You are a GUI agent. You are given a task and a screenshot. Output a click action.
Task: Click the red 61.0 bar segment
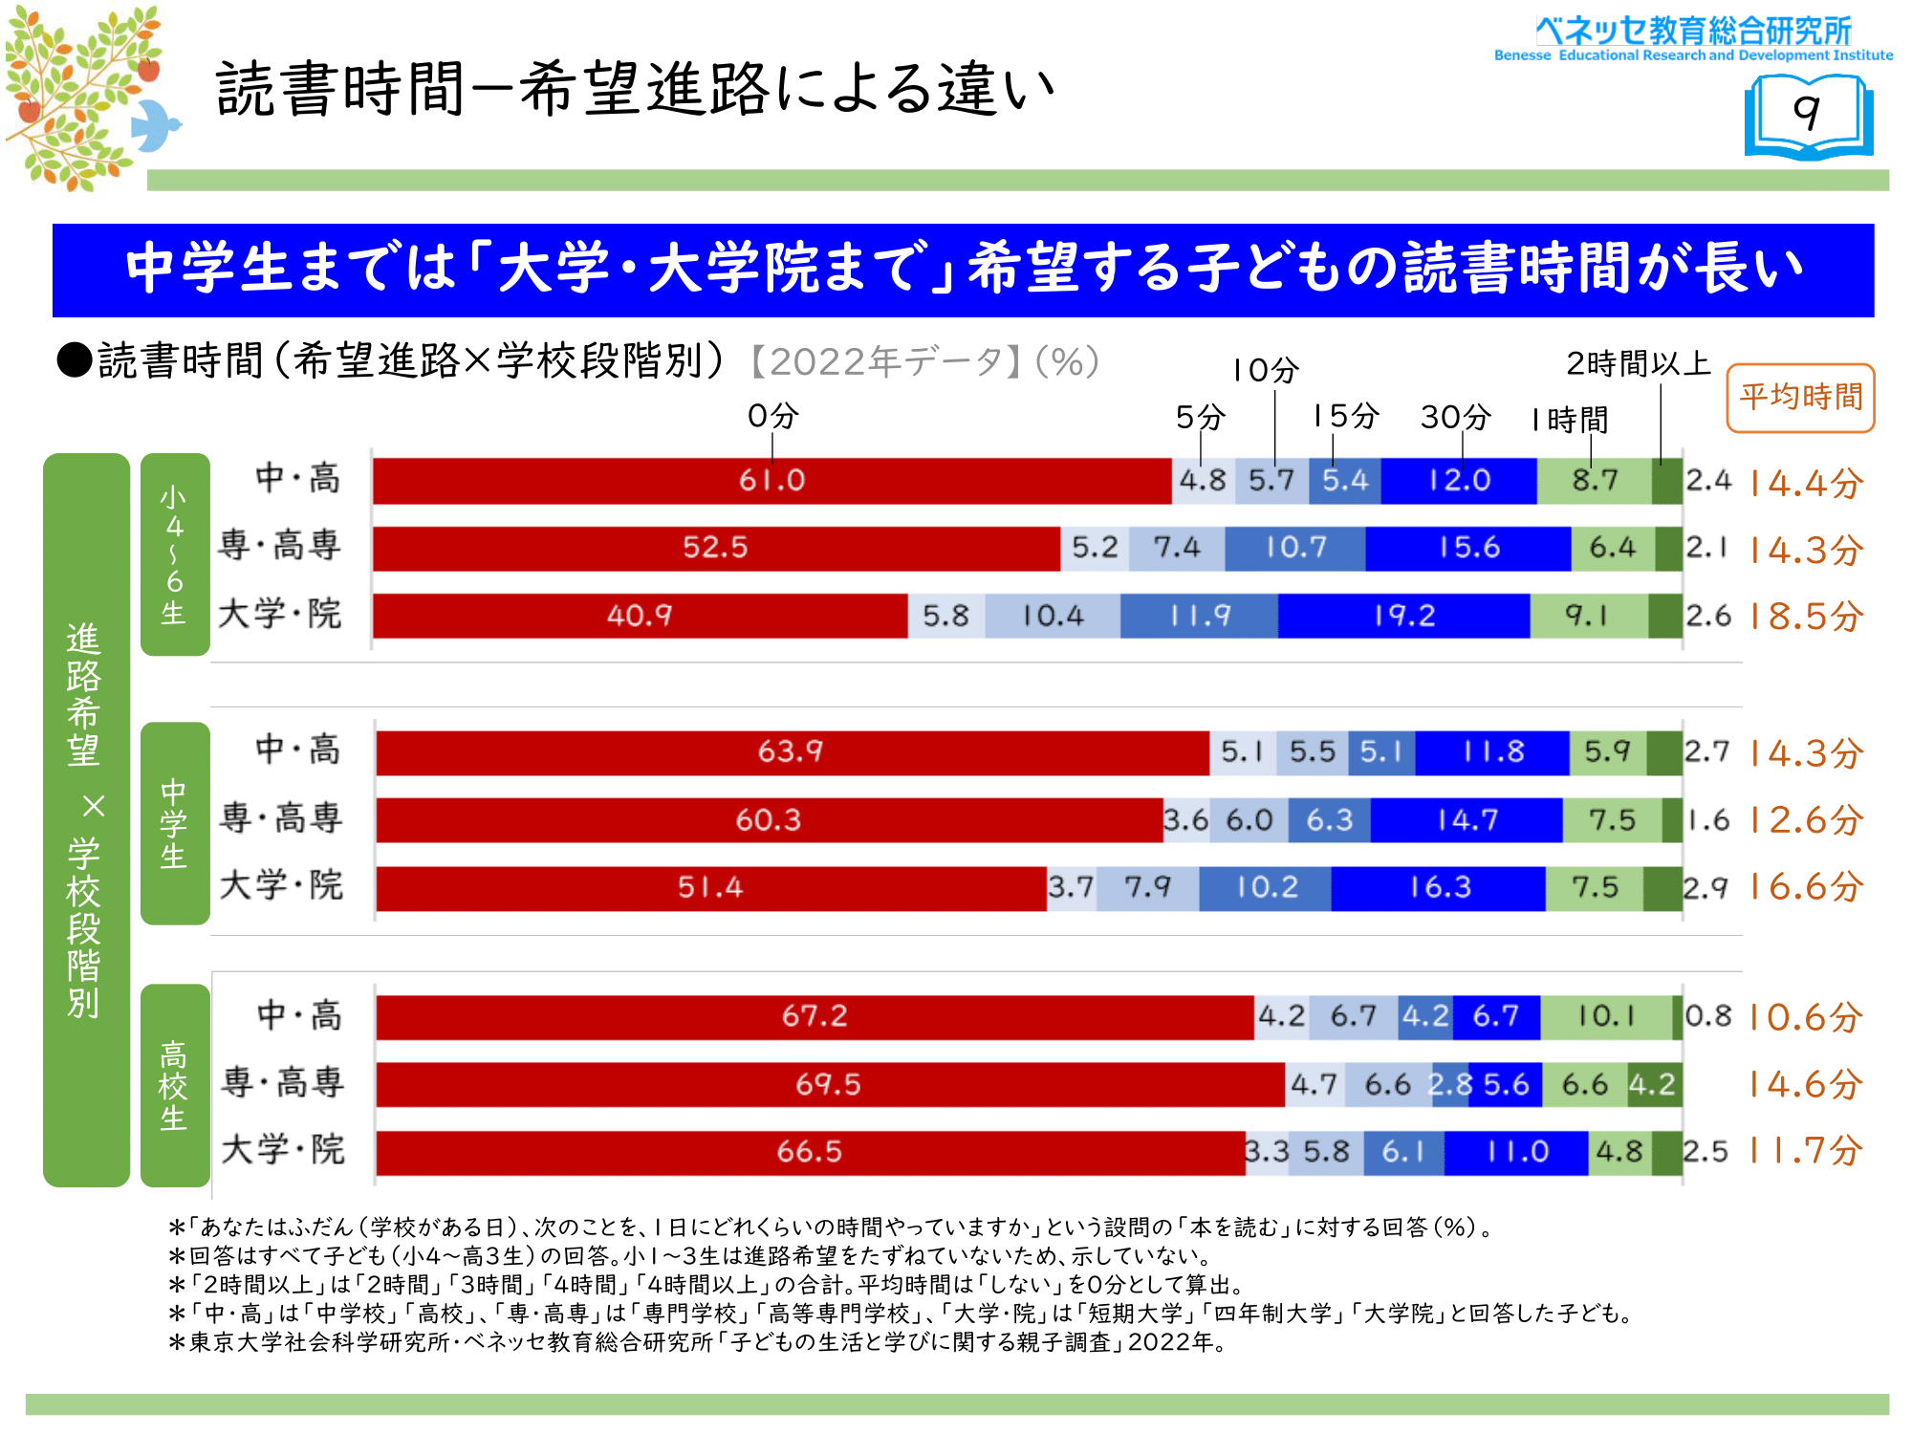[x=771, y=480]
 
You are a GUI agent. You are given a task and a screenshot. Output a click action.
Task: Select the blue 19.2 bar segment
[x=1403, y=616]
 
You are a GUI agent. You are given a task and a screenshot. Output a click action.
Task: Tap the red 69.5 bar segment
[x=829, y=1084]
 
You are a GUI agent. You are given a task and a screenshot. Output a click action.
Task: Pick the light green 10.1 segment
[x=1606, y=1016]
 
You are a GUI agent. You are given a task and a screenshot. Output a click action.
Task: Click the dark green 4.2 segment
[x=1653, y=1084]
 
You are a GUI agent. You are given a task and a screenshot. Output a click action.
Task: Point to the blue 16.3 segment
[x=1439, y=887]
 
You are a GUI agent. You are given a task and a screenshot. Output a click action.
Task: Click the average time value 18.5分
[x=1806, y=617]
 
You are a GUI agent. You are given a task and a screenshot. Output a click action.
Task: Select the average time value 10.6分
[x=1806, y=1017]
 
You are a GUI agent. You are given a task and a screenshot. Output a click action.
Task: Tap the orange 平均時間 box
[x=1800, y=398]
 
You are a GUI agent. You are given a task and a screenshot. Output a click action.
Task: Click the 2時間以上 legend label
[x=1638, y=364]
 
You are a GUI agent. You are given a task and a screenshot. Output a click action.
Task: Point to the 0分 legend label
[x=772, y=416]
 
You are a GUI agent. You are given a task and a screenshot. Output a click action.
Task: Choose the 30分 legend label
[x=1455, y=417]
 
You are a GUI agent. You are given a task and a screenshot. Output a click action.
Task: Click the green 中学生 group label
[x=174, y=823]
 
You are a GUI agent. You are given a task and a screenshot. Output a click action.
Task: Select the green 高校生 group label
[x=174, y=1085]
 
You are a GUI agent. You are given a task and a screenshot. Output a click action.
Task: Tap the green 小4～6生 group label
[x=174, y=554]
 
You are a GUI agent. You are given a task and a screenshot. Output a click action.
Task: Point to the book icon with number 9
[x=1808, y=116]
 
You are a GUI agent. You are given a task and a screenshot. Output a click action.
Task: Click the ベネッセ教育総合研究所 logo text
[x=1693, y=32]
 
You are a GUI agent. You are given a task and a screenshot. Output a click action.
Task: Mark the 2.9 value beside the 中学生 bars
[x=1706, y=888]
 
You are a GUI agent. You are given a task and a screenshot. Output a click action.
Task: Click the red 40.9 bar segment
[x=640, y=616]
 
